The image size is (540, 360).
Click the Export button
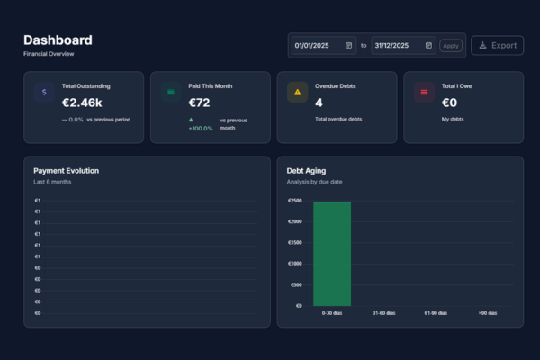tap(497, 45)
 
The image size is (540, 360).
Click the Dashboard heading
tap(58, 40)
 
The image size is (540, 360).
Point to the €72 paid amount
tap(199, 103)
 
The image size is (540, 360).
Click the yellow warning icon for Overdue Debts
tap(297, 92)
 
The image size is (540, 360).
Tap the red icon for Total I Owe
tap(424, 92)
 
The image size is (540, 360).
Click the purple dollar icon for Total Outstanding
tap(44, 92)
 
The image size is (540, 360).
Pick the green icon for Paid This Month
tap(171, 92)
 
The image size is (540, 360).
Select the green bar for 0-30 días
tap(332, 254)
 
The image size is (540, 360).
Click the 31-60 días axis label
tap(384, 313)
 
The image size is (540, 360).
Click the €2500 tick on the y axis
tap(295, 201)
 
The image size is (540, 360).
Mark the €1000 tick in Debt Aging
tap(295, 264)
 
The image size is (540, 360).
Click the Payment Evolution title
tap(67, 170)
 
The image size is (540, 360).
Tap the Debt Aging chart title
tap(306, 170)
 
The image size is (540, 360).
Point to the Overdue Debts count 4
tap(319, 103)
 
